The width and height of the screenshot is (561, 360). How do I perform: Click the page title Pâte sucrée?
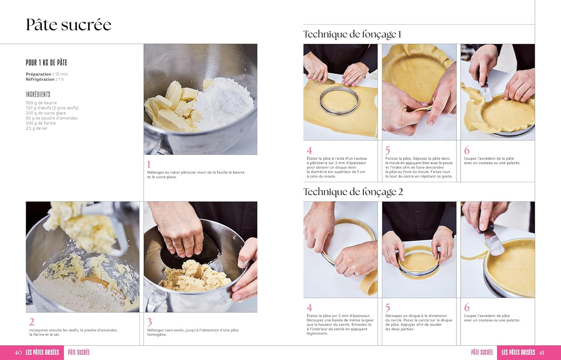pos(68,25)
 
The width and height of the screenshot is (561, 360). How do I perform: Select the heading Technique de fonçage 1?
pos(352,34)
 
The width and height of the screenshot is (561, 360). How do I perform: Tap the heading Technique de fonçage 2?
pos(353,192)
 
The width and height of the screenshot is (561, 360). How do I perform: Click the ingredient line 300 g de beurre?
pos(41,103)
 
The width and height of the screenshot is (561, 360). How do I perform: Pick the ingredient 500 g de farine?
pos(41,123)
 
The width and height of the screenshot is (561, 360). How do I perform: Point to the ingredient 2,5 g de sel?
pos(37,128)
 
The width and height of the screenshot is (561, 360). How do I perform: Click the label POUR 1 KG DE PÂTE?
pos(46,62)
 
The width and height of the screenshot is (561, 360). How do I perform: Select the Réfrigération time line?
pos(45,79)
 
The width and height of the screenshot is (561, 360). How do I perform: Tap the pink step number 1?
pos(149,164)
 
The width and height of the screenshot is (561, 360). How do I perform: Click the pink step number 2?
pos(32,322)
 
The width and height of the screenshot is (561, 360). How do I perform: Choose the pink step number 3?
pos(150,322)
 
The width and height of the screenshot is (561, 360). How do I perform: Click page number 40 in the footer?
pos(18,353)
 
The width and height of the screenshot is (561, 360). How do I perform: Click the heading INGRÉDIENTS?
pos(38,94)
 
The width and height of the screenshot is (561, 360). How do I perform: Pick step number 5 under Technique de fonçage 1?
pos(388,150)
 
